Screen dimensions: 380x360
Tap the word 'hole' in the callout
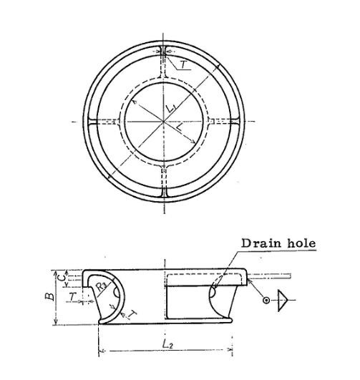(299, 243)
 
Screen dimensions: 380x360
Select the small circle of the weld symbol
(266, 300)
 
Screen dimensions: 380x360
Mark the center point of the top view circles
(164, 122)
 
